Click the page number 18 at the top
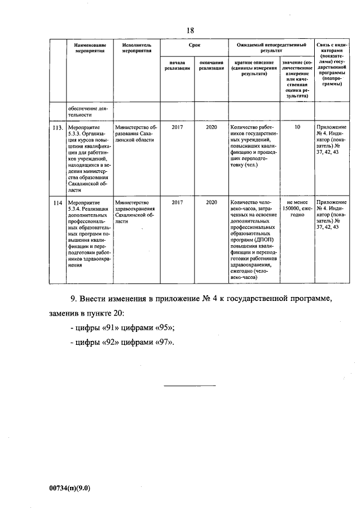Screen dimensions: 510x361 click(191, 30)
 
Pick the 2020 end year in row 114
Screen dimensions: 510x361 click(212, 202)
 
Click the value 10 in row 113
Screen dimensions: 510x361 click(297, 128)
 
